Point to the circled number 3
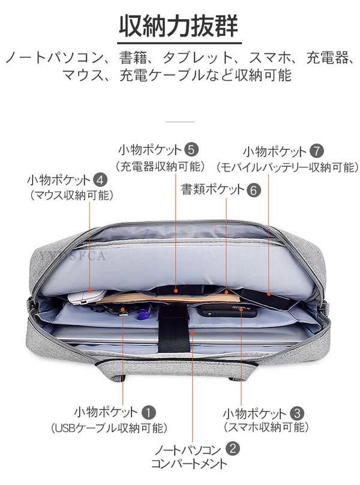(296, 413)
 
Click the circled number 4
(101, 179)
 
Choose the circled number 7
(317, 151)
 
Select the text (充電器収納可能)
(160, 166)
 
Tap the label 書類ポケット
(212, 190)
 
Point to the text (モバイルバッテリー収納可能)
(287, 167)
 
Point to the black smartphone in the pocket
(227, 310)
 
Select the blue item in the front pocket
(142, 314)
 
